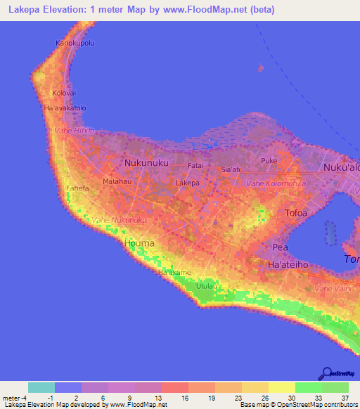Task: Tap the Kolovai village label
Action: tap(63, 93)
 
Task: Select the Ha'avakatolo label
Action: tap(65, 108)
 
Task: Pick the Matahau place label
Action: tap(117, 181)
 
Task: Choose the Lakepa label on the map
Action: tap(188, 183)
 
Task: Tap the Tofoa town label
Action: tap(295, 212)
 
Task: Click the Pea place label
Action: tap(280, 247)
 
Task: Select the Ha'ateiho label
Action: tap(288, 264)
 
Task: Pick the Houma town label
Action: tap(139, 243)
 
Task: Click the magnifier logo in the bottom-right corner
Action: tap(328, 374)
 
